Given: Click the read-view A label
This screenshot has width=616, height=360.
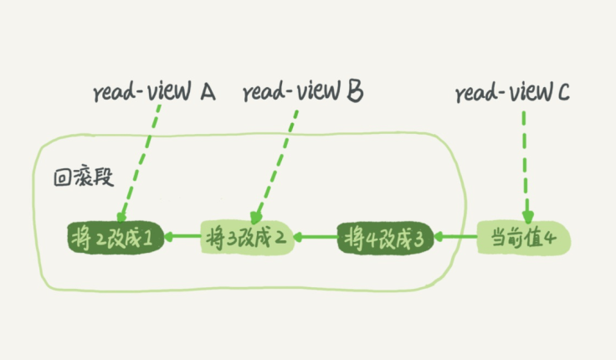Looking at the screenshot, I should tap(153, 93).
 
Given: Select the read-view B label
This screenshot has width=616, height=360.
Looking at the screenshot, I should tap(302, 92).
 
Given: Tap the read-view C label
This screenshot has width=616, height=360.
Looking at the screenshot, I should tap(513, 93).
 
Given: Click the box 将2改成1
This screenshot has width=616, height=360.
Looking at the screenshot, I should tap(114, 238).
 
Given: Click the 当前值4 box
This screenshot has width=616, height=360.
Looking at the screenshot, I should tap(524, 238).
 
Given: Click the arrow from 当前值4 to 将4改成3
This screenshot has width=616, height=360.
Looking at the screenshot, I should tap(457, 238).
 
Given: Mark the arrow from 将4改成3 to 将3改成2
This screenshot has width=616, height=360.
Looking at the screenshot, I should tap(318, 238).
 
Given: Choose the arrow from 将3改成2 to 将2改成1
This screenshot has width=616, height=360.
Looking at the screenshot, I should tap(182, 238).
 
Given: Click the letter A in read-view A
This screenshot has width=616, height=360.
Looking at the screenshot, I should tap(207, 92).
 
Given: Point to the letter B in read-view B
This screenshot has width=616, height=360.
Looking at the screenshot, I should tap(354, 92).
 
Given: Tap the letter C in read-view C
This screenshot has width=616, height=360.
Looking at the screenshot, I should tap(562, 93).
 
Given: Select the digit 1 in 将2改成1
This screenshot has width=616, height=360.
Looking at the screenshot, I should tap(147, 239).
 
